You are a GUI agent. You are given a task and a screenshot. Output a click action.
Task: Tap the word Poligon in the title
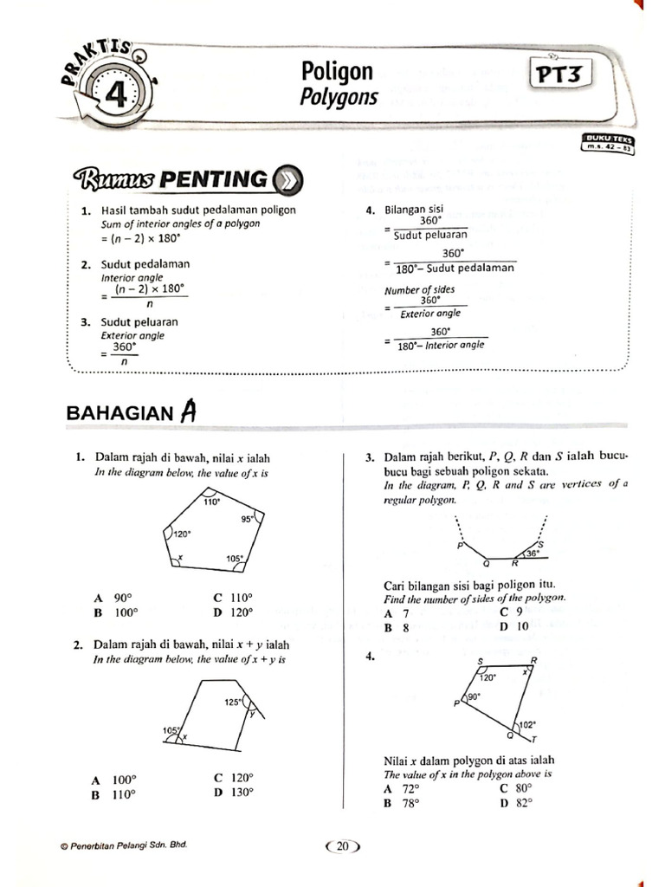[337, 71]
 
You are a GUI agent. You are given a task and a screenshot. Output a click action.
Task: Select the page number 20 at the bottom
[342, 846]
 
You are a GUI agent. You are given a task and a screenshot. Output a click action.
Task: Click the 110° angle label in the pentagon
[211, 502]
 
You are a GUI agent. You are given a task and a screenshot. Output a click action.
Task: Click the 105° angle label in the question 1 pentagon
[235, 559]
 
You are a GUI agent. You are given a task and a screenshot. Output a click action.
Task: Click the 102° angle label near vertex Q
[527, 724]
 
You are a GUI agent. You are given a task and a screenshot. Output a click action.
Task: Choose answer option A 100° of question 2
[116, 779]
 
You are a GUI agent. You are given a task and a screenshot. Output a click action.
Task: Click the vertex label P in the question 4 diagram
[455, 703]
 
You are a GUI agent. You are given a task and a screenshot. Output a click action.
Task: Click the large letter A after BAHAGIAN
[188, 413]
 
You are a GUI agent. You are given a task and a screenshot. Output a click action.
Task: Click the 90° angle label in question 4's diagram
[474, 696]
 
